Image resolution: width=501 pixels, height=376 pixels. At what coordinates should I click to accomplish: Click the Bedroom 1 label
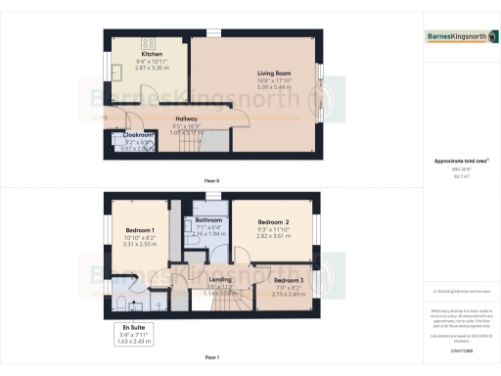pos(140,231)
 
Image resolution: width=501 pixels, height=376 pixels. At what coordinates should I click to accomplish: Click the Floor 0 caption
pos(211,181)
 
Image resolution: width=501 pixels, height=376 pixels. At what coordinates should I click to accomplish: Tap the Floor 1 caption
pos(211,356)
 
